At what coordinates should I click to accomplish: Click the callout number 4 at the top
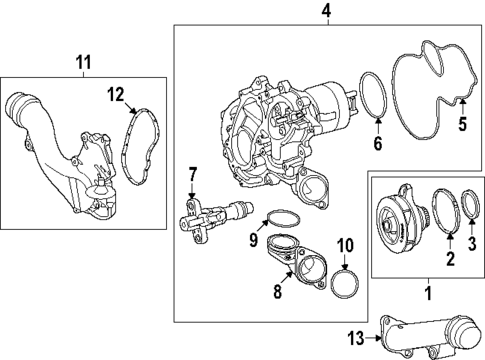click(x=297, y=12)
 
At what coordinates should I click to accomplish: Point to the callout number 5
click(x=462, y=125)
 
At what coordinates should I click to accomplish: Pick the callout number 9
click(x=254, y=240)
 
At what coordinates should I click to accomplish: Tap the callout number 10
click(x=345, y=244)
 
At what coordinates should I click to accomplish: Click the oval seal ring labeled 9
click(x=280, y=219)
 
